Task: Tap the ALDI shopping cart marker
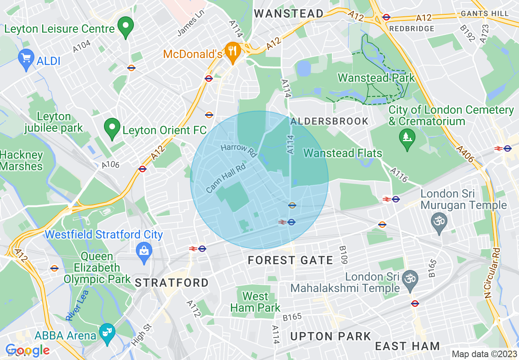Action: click(x=26, y=60)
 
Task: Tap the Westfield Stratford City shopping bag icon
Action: click(x=144, y=250)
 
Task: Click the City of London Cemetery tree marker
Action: click(x=407, y=139)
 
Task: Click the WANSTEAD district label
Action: click(x=289, y=13)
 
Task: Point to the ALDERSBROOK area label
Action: click(x=329, y=122)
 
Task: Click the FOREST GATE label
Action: click(x=290, y=260)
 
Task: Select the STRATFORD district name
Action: click(x=171, y=283)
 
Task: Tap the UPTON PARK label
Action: click(x=330, y=336)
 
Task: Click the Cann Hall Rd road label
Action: click(x=226, y=178)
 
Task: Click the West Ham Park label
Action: click(x=255, y=302)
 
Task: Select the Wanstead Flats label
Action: click(x=343, y=153)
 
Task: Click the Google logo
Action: click(x=27, y=351)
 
